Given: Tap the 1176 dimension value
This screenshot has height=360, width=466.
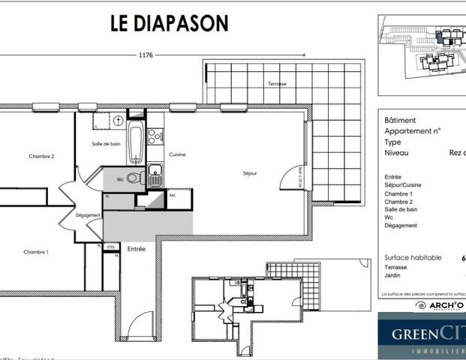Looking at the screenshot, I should click(146, 55).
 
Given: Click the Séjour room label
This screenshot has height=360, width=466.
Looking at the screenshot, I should click(250, 173).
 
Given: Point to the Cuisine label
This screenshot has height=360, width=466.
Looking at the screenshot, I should click(177, 154).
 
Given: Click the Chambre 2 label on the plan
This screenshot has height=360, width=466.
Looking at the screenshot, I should click(42, 156).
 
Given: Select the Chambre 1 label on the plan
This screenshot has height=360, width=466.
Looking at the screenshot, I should click(36, 251).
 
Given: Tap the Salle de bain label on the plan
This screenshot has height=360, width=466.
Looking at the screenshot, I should click(107, 144).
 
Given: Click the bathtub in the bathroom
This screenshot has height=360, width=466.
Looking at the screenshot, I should click(136, 142).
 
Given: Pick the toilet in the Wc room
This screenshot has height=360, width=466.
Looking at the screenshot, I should click(133, 178).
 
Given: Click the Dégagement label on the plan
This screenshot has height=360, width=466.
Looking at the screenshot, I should click(88, 215).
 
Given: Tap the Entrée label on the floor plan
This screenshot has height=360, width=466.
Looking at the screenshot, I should click(137, 248).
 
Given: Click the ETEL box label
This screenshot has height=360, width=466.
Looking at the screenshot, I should click(111, 246).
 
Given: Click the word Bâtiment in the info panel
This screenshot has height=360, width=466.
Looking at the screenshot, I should click(399, 120).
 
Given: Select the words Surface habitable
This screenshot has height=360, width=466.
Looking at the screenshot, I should click(410, 256).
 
